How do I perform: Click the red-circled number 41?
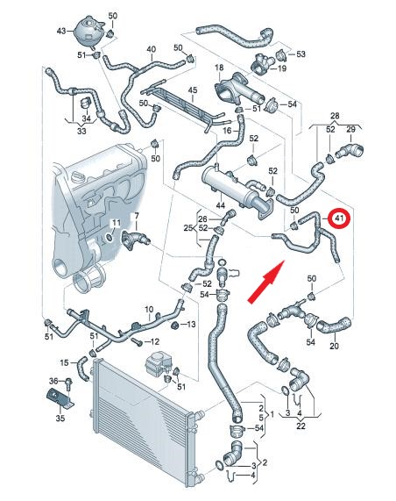coord(338,219)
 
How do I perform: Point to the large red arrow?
coord(266,282)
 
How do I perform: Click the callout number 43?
coord(61,31)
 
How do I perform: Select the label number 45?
coord(193,90)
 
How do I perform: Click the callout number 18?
coord(219,68)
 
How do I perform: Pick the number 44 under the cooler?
coord(220,205)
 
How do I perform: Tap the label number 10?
coord(149,310)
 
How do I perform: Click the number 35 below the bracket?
coord(60,418)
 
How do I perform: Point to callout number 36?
coord(53,381)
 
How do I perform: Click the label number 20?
coord(334,346)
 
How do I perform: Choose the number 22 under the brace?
coord(301,426)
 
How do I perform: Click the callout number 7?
coord(137,216)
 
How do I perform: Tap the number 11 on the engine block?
coord(117,222)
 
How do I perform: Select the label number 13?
coord(191,325)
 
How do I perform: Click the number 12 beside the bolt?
coord(154,341)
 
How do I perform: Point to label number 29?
coord(350,129)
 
